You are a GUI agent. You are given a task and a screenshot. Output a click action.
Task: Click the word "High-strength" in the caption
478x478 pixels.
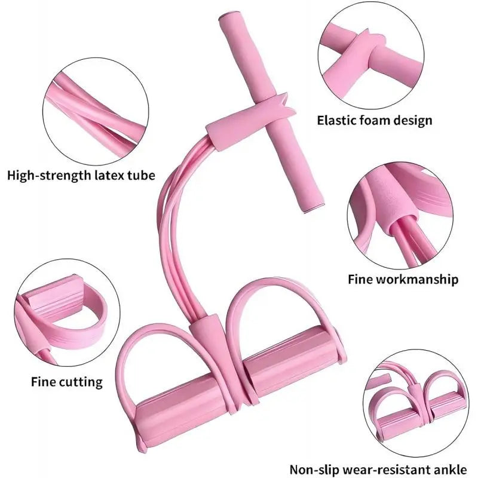coord(49,176)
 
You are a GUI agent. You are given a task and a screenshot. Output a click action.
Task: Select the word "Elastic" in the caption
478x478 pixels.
coord(336,120)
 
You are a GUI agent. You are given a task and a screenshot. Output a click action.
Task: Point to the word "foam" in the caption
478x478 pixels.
coord(375,120)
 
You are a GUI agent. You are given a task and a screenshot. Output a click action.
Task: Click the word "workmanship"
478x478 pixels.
coord(418,279)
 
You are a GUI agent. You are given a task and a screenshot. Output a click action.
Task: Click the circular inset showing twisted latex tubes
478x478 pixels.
coord(96,112)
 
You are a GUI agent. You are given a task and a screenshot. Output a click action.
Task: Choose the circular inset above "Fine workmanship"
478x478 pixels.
coord(400,215)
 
